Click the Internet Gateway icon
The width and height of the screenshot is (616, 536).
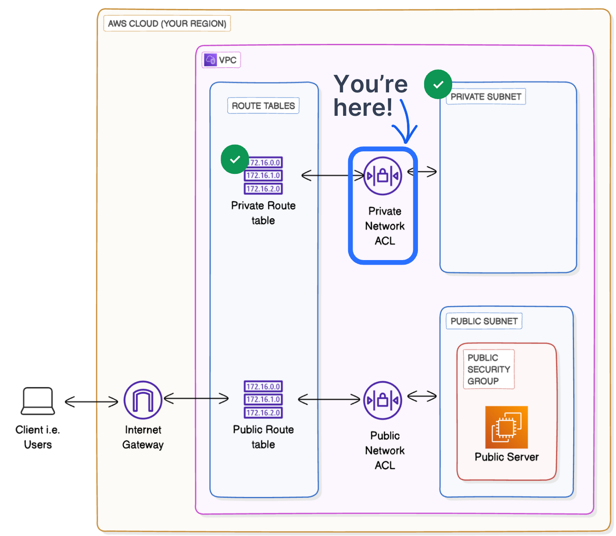143,400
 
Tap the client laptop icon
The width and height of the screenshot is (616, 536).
38,401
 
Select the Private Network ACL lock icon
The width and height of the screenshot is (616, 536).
383,176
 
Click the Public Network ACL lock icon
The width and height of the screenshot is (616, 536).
383,401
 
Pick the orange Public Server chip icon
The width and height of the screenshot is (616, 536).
507,427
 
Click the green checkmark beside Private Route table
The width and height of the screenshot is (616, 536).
235,159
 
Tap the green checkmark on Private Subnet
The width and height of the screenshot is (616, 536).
438,84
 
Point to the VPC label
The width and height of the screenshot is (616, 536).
221,60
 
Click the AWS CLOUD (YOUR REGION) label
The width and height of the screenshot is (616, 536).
167,23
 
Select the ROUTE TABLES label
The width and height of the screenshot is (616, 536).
263,106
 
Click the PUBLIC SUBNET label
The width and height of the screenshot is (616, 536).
484,321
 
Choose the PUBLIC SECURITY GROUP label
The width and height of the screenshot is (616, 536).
488,370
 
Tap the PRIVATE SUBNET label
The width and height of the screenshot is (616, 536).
486,97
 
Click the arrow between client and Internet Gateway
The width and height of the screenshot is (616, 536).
92,402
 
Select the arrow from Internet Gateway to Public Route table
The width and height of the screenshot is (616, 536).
196,398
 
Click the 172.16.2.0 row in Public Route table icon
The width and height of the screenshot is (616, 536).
263,413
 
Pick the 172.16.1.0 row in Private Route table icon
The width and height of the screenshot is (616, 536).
263,176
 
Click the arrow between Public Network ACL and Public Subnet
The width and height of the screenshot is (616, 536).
422,396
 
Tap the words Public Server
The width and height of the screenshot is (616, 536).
507,457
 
